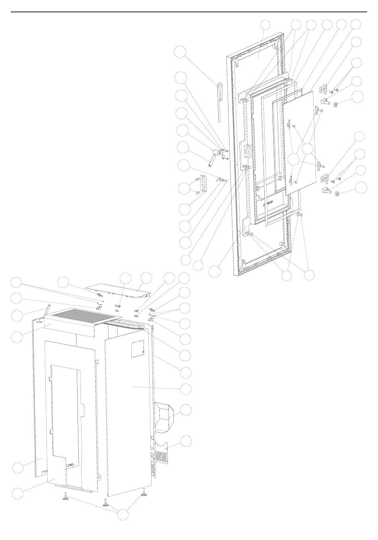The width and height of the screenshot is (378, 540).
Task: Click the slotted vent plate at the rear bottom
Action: [x=164, y=453]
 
